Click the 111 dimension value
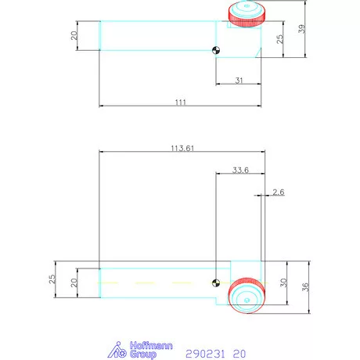click(x=180, y=102)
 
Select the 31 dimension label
click(x=238, y=79)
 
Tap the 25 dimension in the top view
click(x=280, y=39)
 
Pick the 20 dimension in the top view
click(x=74, y=35)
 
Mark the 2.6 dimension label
click(x=279, y=192)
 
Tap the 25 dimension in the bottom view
click(x=52, y=278)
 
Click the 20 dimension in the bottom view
click(x=74, y=283)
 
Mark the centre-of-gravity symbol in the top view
click(x=216, y=52)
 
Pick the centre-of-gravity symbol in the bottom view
click(x=216, y=283)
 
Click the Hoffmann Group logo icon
click(x=116, y=350)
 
